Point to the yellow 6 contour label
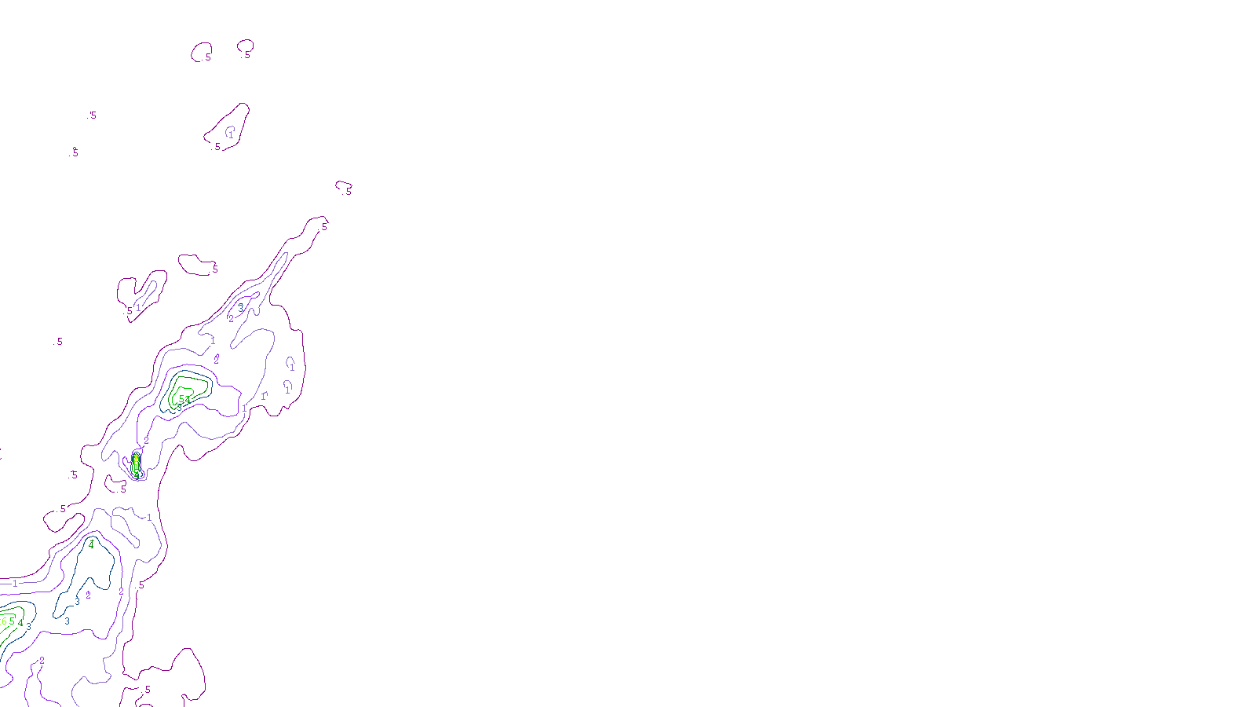click(x=4, y=621)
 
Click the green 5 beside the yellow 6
click(x=12, y=621)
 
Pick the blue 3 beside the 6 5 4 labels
click(x=29, y=627)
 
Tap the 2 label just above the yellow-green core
click(x=146, y=441)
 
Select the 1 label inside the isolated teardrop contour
click(x=231, y=134)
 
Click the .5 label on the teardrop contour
click(x=217, y=147)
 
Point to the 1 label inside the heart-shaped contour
click(x=138, y=307)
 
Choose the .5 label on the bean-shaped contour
click(x=214, y=269)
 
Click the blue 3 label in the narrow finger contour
click(x=240, y=307)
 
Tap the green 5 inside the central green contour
click(x=181, y=399)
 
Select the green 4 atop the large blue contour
click(x=91, y=544)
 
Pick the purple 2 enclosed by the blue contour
click(x=88, y=595)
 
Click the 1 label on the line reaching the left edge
click(x=15, y=584)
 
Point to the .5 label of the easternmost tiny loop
click(x=347, y=191)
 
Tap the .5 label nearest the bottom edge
click(x=146, y=691)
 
